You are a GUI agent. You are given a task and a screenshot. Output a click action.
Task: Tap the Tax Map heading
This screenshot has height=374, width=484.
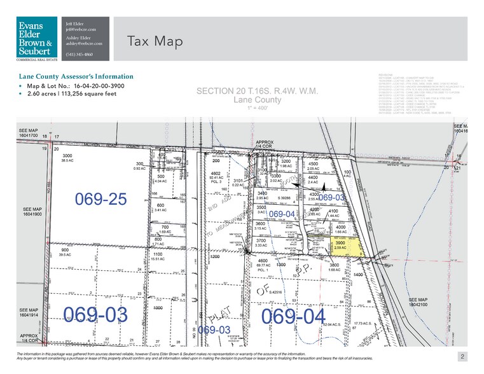[x=155, y=42]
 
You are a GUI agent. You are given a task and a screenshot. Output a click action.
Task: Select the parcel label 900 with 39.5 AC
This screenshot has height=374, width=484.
[x=66, y=253]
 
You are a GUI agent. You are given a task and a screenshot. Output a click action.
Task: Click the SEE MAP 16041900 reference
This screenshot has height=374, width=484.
[x=34, y=212]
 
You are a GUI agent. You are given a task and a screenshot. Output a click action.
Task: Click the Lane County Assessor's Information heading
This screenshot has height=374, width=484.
[x=76, y=76]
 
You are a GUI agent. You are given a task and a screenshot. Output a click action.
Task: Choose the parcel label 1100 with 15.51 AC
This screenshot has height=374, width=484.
[x=159, y=256]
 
